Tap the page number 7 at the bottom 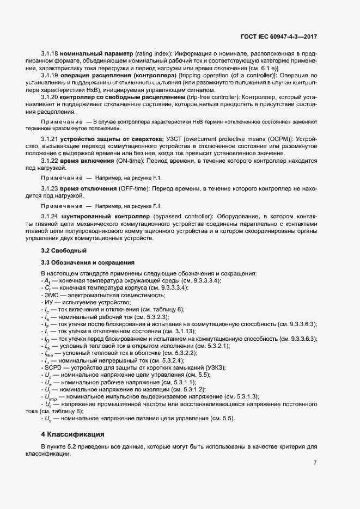coord(315,462)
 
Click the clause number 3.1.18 coord(50,55)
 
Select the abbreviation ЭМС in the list coord(52,295)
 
